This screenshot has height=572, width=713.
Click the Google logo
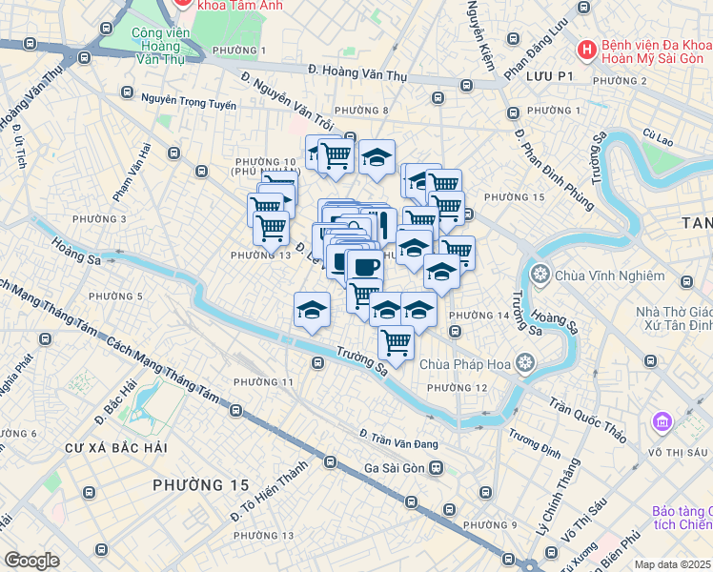click(31, 561)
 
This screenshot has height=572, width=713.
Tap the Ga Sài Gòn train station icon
click(436, 467)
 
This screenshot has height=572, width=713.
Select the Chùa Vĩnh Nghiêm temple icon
click(540, 276)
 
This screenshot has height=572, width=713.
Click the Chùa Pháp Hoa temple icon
click(524, 362)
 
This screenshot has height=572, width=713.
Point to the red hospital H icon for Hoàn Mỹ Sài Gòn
click(587, 49)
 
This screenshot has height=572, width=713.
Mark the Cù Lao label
click(658, 139)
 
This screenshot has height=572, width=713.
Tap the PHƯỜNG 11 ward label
click(263, 381)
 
